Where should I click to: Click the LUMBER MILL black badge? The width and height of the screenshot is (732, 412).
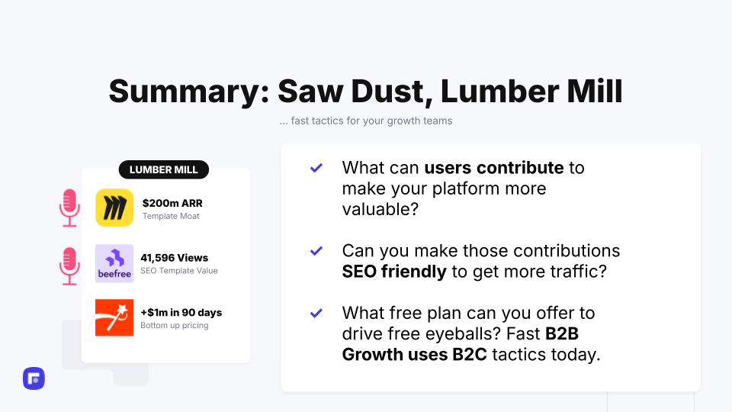(164, 169)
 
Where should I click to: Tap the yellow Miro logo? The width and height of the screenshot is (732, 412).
(114, 208)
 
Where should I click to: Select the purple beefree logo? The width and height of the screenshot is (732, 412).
(114, 263)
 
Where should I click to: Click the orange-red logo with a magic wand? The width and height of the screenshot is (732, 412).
(114, 317)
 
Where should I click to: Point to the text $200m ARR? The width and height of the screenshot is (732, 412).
(172, 203)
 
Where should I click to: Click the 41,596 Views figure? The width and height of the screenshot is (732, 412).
(174, 258)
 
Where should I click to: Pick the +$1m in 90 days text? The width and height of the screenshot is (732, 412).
(181, 313)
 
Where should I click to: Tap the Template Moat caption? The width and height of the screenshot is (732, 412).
(171, 216)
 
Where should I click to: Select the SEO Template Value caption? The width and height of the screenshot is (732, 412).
(178, 271)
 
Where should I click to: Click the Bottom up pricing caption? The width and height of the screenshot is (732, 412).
(174, 326)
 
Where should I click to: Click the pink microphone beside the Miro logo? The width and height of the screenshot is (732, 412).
(69, 208)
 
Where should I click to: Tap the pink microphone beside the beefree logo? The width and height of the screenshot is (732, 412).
(69, 266)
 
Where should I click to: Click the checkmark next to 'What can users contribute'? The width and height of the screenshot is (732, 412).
(316, 168)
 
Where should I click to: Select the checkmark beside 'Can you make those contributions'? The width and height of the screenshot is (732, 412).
(316, 251)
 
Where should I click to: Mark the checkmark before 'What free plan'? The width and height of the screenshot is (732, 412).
(316, 313)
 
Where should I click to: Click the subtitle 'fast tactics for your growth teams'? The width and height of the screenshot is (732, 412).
(371, 121)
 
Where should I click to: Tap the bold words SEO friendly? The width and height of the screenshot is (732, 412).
(394, 272)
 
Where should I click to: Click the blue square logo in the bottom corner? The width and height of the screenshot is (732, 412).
(34, 378)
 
